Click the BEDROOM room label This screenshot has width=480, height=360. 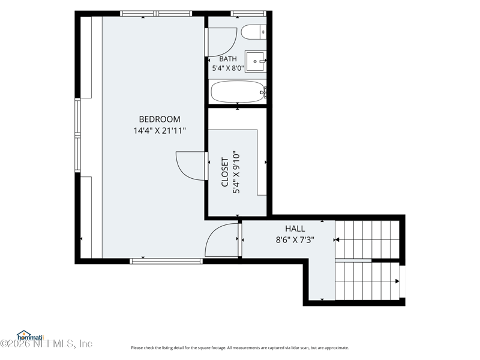(x=160, y=119)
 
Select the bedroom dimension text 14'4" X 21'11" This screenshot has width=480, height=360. (x=160, y=131)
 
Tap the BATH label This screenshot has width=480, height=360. (x=228, y=59)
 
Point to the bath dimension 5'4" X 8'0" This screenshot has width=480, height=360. (x=228, y=68)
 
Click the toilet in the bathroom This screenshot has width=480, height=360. (x=253, y=32)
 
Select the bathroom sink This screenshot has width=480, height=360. (x=256, y=62)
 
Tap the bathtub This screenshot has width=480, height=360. (x=238, y=92)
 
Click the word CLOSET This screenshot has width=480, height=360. (x=225, y=172)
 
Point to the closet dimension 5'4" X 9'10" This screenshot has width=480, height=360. (x=236, y=172)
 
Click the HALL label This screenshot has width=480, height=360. (x=295, y=229)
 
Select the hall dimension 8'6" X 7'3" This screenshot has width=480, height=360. (x=295, y=239)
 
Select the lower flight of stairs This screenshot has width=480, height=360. (x=367, y=281)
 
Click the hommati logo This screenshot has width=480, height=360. (x=31, y=336)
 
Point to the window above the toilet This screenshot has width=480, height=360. (x=248, y=13)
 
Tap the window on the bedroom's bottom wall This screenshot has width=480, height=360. (x=166, y=261)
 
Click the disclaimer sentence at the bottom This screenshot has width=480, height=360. (x=240, y=348)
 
